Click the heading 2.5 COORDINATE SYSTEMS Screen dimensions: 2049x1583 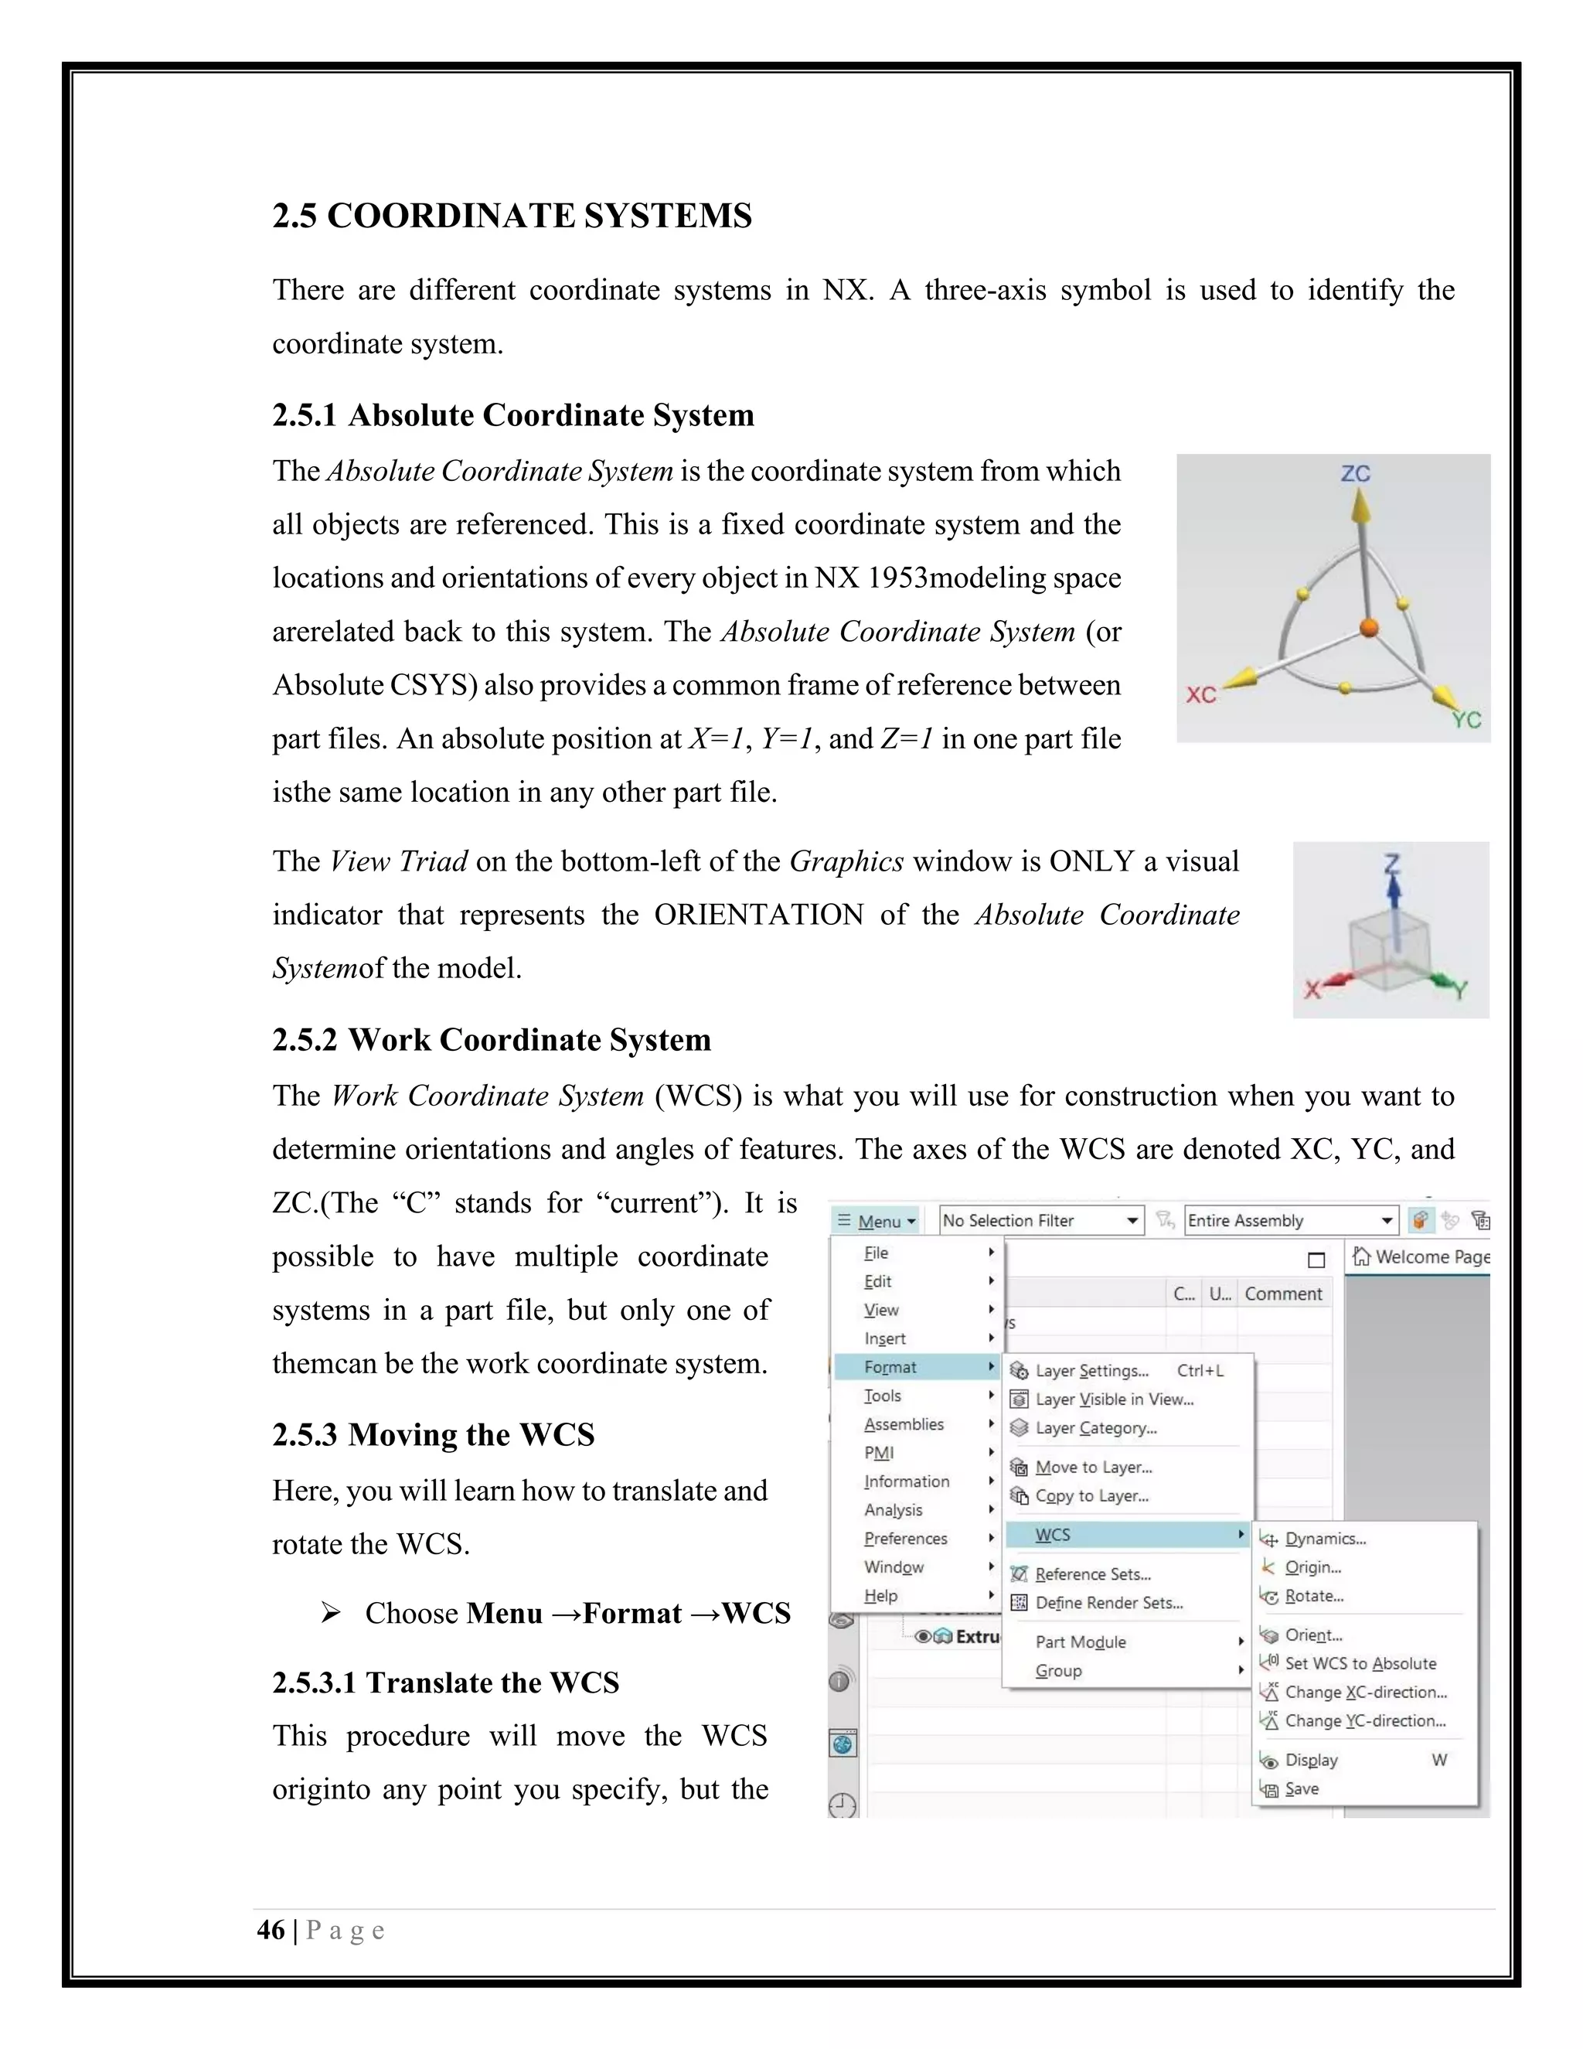[512, 216]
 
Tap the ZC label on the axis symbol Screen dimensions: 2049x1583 [1355, 474]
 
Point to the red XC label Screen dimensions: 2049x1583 [1200, 695]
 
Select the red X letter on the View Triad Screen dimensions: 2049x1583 [1312, 988]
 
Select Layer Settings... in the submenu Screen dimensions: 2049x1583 [1091, 1371]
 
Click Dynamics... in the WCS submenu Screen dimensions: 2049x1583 [1325, 1539]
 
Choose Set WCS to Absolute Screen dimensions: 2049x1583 [1360, 1663]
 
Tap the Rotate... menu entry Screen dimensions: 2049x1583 [1314, 1596]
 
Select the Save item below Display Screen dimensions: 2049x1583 [1302, 1789]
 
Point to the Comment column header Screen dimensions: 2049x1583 [1283, 1294]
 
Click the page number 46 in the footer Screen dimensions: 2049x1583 [271, 1930]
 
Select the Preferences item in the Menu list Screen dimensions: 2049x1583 [906, 1539]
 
